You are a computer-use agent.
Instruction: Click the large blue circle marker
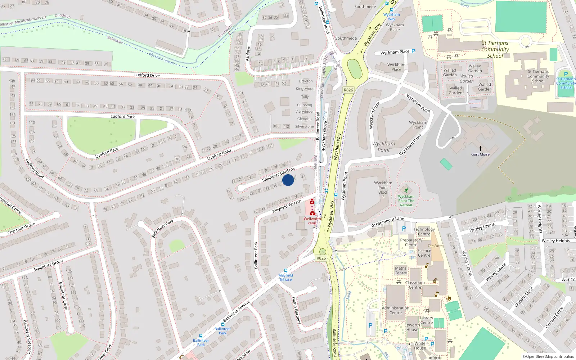(288, 180)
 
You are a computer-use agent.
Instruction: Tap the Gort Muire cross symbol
(480, 149)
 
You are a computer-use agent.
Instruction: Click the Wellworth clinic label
(312, 221)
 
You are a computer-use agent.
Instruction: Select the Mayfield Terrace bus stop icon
(286, 271)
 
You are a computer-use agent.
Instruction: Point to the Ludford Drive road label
(147, 75)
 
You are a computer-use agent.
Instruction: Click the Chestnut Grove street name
(21, 229)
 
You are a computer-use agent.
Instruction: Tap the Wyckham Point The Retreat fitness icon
(406, 190)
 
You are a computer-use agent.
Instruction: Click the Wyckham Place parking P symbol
(413, 51)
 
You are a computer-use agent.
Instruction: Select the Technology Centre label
(424, 231)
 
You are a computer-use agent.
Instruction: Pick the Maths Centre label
(401, 270)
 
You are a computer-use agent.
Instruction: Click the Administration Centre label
(395, 310)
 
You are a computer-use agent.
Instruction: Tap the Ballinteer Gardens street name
(278, 174)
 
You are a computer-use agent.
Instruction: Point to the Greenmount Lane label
(387, 222)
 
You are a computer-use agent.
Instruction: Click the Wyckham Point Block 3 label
(383, 190)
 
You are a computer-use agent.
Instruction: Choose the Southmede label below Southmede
(346, 38)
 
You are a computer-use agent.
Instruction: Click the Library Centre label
(427, 320)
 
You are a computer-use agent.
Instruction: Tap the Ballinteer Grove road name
(48, 265)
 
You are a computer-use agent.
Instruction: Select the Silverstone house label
(304, 126)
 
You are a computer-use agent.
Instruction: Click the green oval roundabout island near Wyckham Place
(355, 69)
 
